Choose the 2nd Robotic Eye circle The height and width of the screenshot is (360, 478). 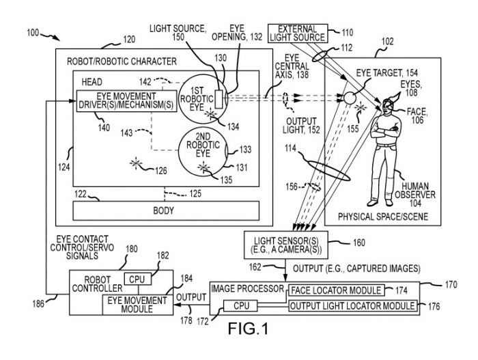coord(203,150)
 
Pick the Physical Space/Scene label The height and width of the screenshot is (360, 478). coord(384,217)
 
